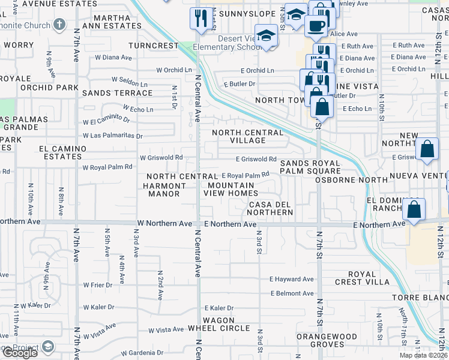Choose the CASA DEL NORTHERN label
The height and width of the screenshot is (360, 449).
(271, 208)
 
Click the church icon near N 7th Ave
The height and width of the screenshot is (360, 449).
(59, 25)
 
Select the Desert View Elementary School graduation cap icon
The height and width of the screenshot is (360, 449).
(266, 35)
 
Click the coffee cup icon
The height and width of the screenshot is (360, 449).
(315, 26)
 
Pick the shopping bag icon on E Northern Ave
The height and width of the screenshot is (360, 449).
(414, 211)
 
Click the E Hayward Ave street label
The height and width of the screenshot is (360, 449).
(292, 279)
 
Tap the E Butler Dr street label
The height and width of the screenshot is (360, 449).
(240, 84)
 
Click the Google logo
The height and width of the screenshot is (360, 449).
(19, 353)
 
